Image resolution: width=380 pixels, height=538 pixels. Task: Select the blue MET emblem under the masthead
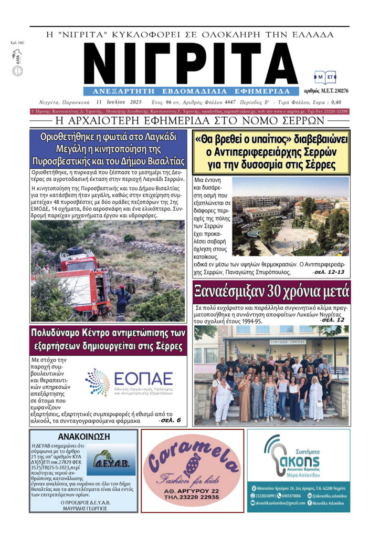325,78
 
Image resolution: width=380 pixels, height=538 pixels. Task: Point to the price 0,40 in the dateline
336,102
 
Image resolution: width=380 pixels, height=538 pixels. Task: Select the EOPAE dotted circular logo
97,381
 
